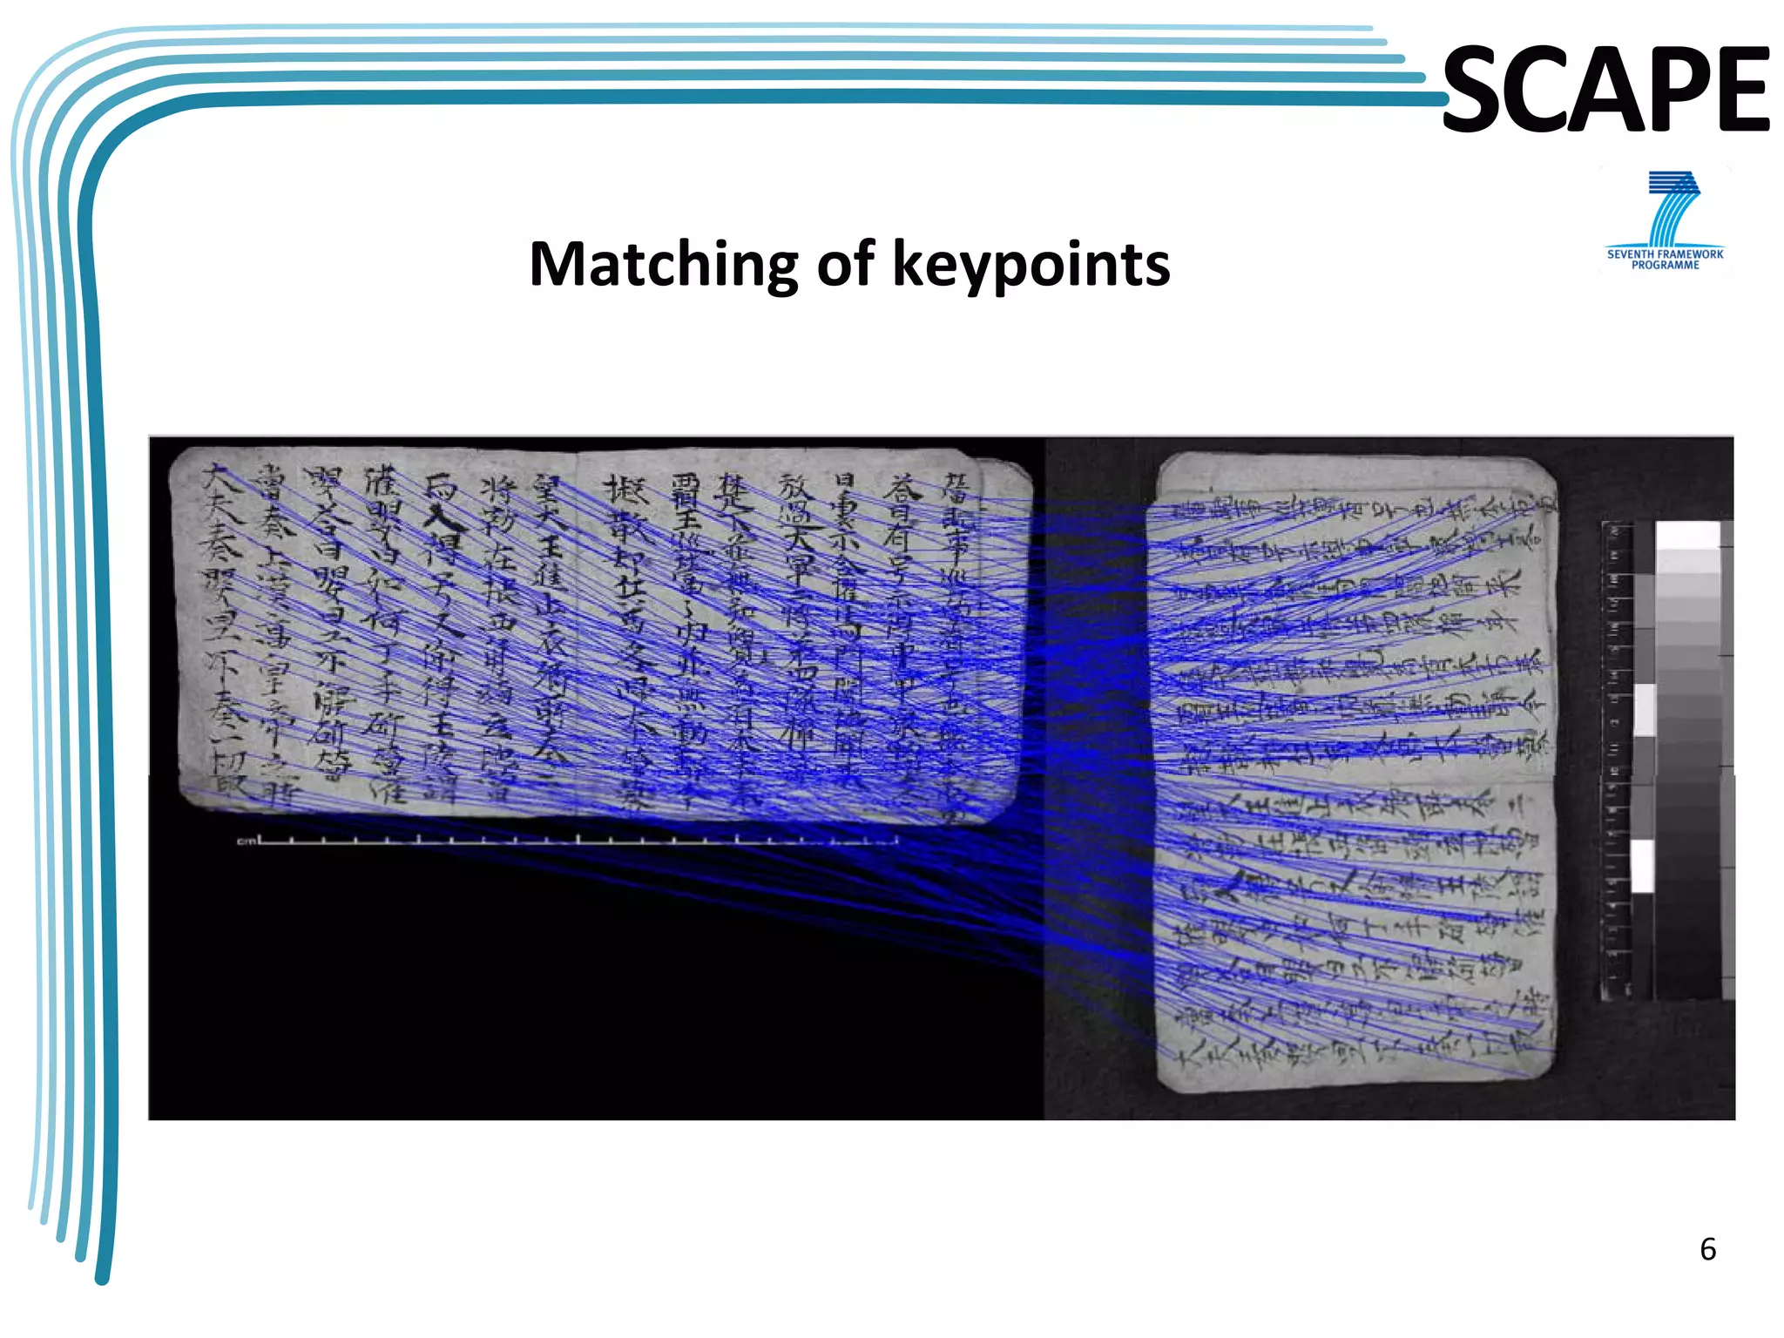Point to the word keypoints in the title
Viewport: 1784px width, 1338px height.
[1031, 265]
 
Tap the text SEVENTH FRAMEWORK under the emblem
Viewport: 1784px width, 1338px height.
[1665, 254]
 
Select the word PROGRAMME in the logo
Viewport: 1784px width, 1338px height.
[1665, 266]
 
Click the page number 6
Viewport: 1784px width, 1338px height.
[1707, 1249]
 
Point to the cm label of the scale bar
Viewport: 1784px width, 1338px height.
[247, 841]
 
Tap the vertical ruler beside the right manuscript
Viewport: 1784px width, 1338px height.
[1618, 758]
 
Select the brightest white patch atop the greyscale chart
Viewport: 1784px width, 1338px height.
[1687, 535]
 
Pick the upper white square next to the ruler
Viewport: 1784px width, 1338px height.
[1645, 709]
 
